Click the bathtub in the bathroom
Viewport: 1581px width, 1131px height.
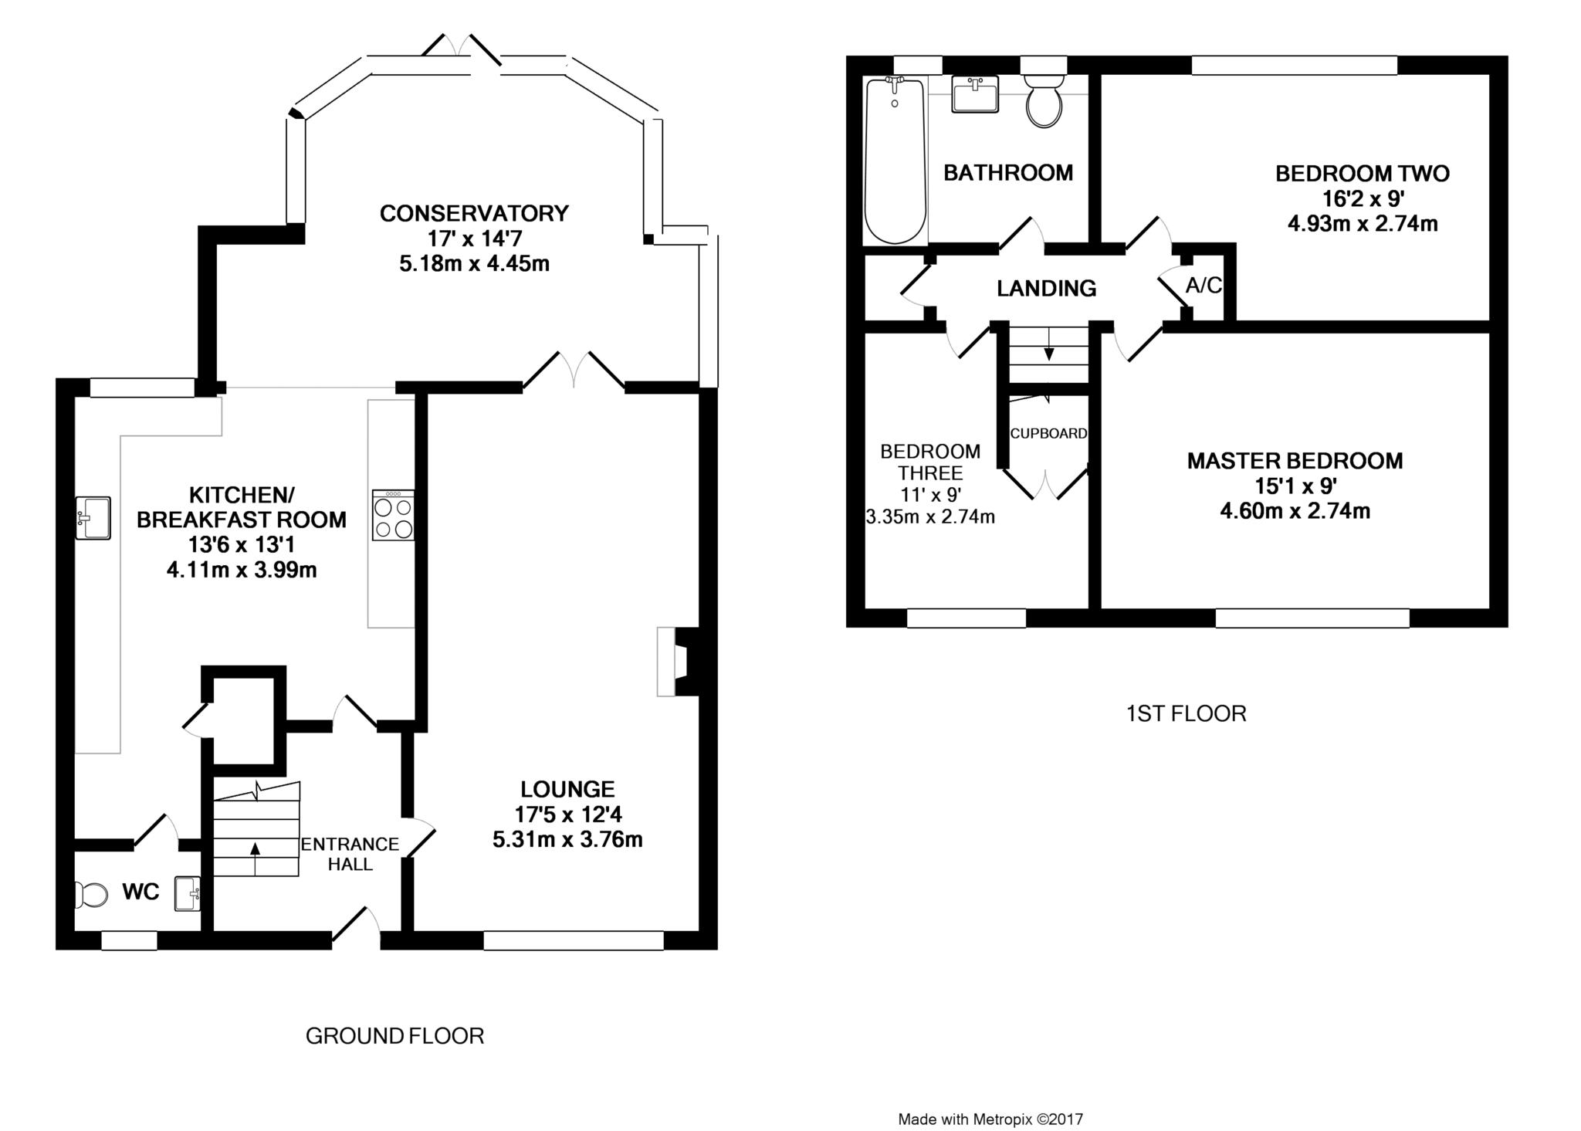pyautogui.click(x=895, y=160)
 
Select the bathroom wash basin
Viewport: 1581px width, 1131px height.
pyautogui.click(x=975, y=93)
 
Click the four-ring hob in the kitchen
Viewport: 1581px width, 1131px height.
pyautogui.click(x=393, y=515)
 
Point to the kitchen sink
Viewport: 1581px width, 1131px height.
pyautogui.click(x=93, y=517)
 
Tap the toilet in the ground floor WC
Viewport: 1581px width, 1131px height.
pyautogui.click(x=91, y=896)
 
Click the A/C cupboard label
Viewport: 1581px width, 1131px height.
pyautogui.click(x=1204, y=286)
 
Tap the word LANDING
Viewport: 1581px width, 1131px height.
pyautogui.click(x=1046, y=289)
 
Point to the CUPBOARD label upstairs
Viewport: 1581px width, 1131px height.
pyautogui.click(x=1048, y=434)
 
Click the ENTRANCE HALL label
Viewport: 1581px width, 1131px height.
pyautogui.click(x=350, y=854)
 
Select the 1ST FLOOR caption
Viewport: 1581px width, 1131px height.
pyautogui.click(x=1186, y=713)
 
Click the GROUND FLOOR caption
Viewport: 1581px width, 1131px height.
pyautogui.click(x=394, y=1036)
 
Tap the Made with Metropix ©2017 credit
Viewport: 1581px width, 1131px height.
pyautogui.click(x=990, y=1119)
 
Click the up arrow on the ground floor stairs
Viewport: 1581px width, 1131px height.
pyautogui.click(x=255, y=858)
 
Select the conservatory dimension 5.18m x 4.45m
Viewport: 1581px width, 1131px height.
pyautogui.click(x=474, y=264)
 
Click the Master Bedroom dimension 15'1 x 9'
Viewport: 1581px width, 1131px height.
pyautogui.click(x=1295, y=486)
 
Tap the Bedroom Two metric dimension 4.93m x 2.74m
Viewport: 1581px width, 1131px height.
pyautogui.click(x=1363, y=224)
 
